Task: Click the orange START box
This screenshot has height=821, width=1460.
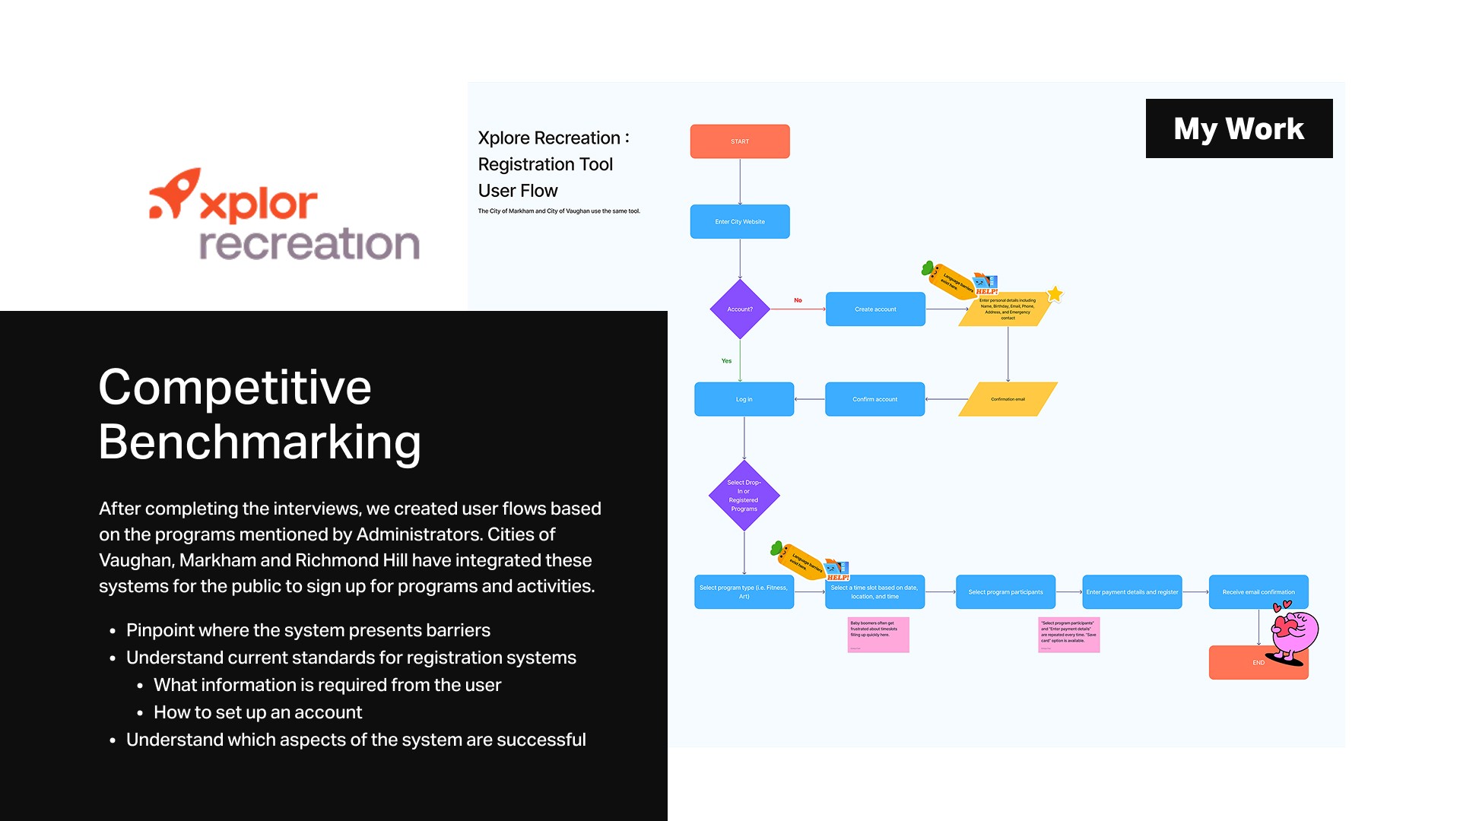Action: click(739, 141)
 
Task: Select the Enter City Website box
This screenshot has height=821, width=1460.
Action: click(739, 221)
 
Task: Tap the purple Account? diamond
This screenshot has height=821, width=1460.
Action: click(740, 309)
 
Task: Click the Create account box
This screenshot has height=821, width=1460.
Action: click(875, 309)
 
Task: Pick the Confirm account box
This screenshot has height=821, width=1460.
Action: click(874, 399)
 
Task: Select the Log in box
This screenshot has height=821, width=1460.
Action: click(744, 399)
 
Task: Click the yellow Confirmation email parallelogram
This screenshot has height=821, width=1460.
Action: click(1008, 399)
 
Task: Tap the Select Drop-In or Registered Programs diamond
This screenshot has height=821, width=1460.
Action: click(744, 496)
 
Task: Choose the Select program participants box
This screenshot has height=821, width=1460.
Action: click(1005, 592)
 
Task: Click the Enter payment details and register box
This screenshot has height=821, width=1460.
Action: click(1131, 592)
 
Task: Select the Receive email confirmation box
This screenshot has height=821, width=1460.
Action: click(1258, 592)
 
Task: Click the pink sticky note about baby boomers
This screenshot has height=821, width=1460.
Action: click(878, 635)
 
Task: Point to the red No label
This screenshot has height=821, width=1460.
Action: click(798, 300)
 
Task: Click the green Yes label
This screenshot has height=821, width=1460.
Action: click(726, 361)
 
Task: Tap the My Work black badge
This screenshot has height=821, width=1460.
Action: click(1239, 128)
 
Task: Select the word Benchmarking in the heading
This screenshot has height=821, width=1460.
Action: click(259, 442)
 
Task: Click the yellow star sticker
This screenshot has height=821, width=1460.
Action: click(1055, 294)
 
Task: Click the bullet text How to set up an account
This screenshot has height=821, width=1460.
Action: click(258, 712)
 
